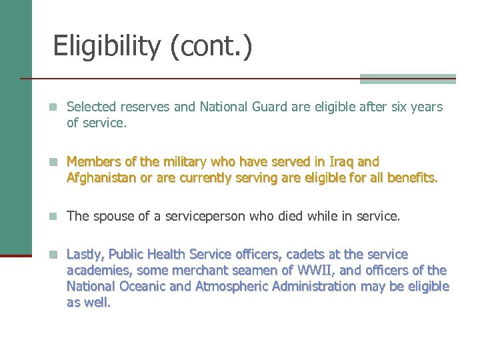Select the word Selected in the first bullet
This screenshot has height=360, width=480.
(x=92, y=107)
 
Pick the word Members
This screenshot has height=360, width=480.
(x=93, y=161)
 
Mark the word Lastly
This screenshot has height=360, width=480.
(x=86, y=254)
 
